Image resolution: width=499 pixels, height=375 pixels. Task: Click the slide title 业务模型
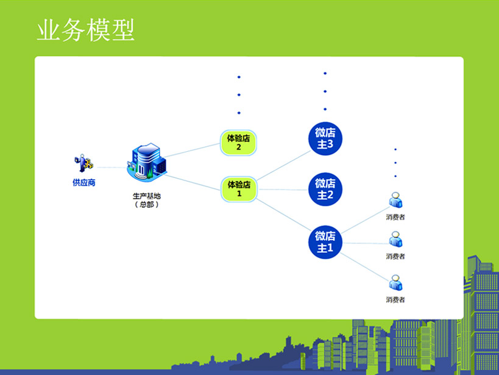coord(85,30)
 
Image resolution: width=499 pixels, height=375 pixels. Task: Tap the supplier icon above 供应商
coord(83,163)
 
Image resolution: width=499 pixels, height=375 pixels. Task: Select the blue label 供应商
coord(83,182)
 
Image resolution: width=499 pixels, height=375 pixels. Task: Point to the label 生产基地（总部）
coord(147,200)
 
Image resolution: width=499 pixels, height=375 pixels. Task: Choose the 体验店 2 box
coord(238,143)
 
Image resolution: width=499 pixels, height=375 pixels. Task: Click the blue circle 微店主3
coord(325,138)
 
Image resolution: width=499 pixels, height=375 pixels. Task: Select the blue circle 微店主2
coord(325,189)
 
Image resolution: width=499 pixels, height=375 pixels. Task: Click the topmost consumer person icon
coord(395,201)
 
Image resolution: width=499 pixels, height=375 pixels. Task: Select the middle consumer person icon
coord(395,240)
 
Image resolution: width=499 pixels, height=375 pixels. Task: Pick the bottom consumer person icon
coord(395,283)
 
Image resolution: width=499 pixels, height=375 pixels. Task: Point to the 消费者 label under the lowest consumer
coord(395,299)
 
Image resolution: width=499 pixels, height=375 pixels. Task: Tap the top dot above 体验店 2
coord(239,77)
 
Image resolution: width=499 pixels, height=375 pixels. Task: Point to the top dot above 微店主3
coord(325,73)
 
